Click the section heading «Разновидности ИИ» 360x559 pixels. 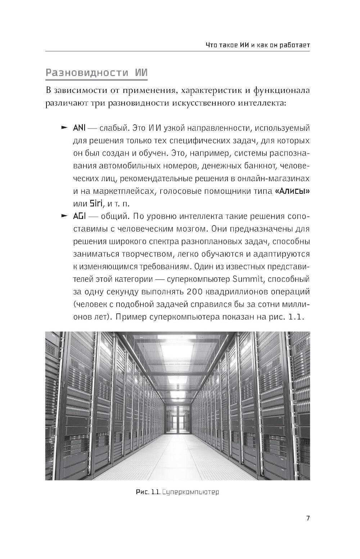point(96,73)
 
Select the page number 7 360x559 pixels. point(308,518)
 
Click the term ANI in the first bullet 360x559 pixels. point(79,128)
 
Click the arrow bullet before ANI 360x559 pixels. point(64,128)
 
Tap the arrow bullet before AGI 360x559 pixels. point(64,216)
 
